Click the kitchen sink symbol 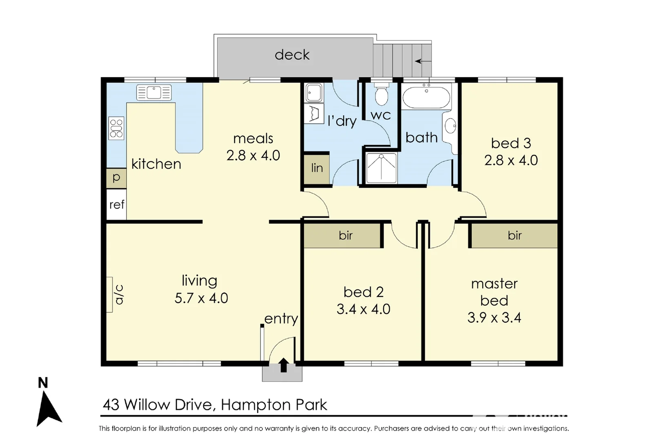click(154, 93)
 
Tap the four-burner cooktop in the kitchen click(116, 128)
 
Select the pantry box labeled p click(116, 178)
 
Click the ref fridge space click(117, 205)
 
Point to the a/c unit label click(119, 295)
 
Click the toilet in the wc click(382, 95)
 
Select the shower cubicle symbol click(381, 167)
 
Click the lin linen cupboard click(317, 168)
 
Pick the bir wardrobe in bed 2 click(345, 236)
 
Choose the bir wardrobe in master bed click(515, 236)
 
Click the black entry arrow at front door click(284, 365)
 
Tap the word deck click(292, 55)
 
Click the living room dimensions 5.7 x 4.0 click(201, 298)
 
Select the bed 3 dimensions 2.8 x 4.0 click(511, 160)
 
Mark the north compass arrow click(49, 409)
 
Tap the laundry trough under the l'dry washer click(314, 114)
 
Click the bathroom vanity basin click(450, 126)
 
